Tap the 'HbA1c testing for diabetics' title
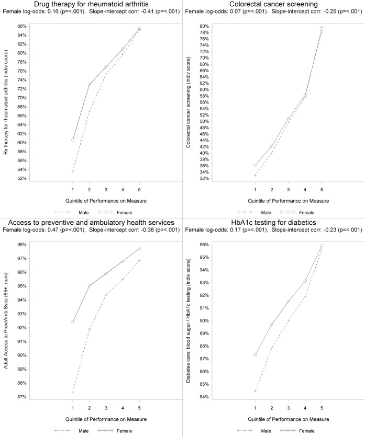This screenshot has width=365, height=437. click(273, 223)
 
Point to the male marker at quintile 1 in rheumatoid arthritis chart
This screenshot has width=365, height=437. click(73, 171)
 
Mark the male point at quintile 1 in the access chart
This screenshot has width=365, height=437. click(73, 392)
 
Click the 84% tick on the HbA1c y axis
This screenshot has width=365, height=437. click(206, 397)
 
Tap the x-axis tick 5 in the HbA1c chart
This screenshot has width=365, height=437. click(322, 406)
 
